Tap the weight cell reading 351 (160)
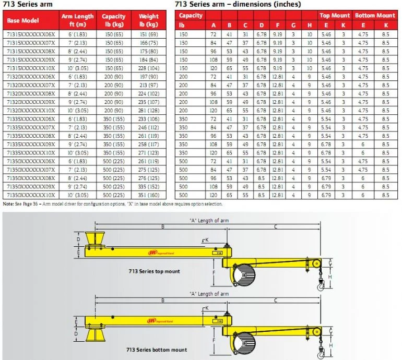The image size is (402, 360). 149,194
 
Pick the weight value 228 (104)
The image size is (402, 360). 149,67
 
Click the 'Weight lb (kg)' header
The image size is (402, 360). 149,20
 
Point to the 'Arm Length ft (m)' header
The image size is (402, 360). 77,20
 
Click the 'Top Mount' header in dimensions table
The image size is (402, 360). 335,16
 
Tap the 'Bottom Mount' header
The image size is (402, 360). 375,16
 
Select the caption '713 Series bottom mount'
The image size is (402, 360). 156,350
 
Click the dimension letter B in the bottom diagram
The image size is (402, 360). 163,301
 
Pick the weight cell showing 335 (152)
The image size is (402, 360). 149,186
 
